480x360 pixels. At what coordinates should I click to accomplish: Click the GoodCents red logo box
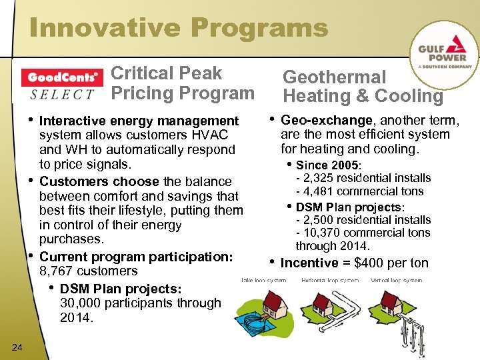pos(62,77)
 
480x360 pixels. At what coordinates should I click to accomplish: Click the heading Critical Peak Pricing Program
pos(182,83)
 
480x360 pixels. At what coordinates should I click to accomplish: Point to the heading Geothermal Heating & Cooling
pos(363,87)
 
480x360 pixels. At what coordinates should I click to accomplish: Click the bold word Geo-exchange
pos(327,121)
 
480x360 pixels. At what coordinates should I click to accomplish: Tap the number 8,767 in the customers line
pos(57,271)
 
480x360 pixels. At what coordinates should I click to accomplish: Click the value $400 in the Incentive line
pos(372,263)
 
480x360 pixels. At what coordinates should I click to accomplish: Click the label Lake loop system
pos(263,281)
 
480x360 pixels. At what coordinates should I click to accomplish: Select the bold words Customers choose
pos(100,181)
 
